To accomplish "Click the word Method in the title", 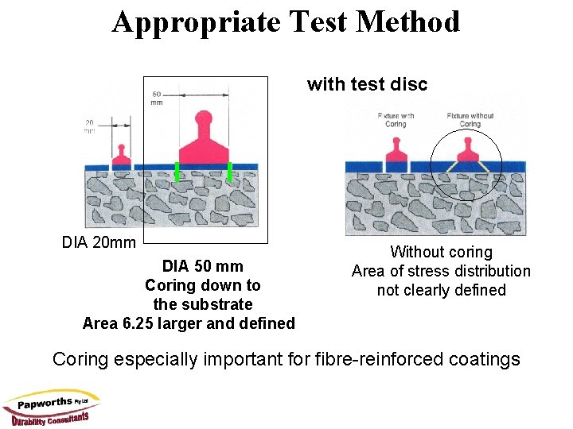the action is pyautogui.click(x=408, y=21).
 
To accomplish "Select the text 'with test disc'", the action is pyautogui.click(x=367, y=84).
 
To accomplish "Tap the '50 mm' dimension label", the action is pyautogui.click(x=157, y=99).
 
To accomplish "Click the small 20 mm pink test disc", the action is pyautogui.click(x=121, y=154).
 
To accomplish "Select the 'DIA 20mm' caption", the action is pyautogui.click(x=99, y=242).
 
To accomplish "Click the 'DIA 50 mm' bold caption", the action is pyautogui.click(x=202, y=266).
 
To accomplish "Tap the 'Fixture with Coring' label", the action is pyautogui.click(x=396, y=120).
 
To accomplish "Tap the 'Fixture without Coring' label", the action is pyautogui.click(x=470, y=120).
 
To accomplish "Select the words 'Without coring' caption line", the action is pyautogui.click(x=441, y=252).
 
